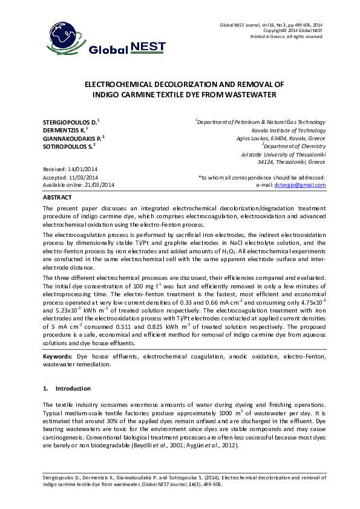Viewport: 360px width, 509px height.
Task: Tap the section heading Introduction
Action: click(x=73, y=388)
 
